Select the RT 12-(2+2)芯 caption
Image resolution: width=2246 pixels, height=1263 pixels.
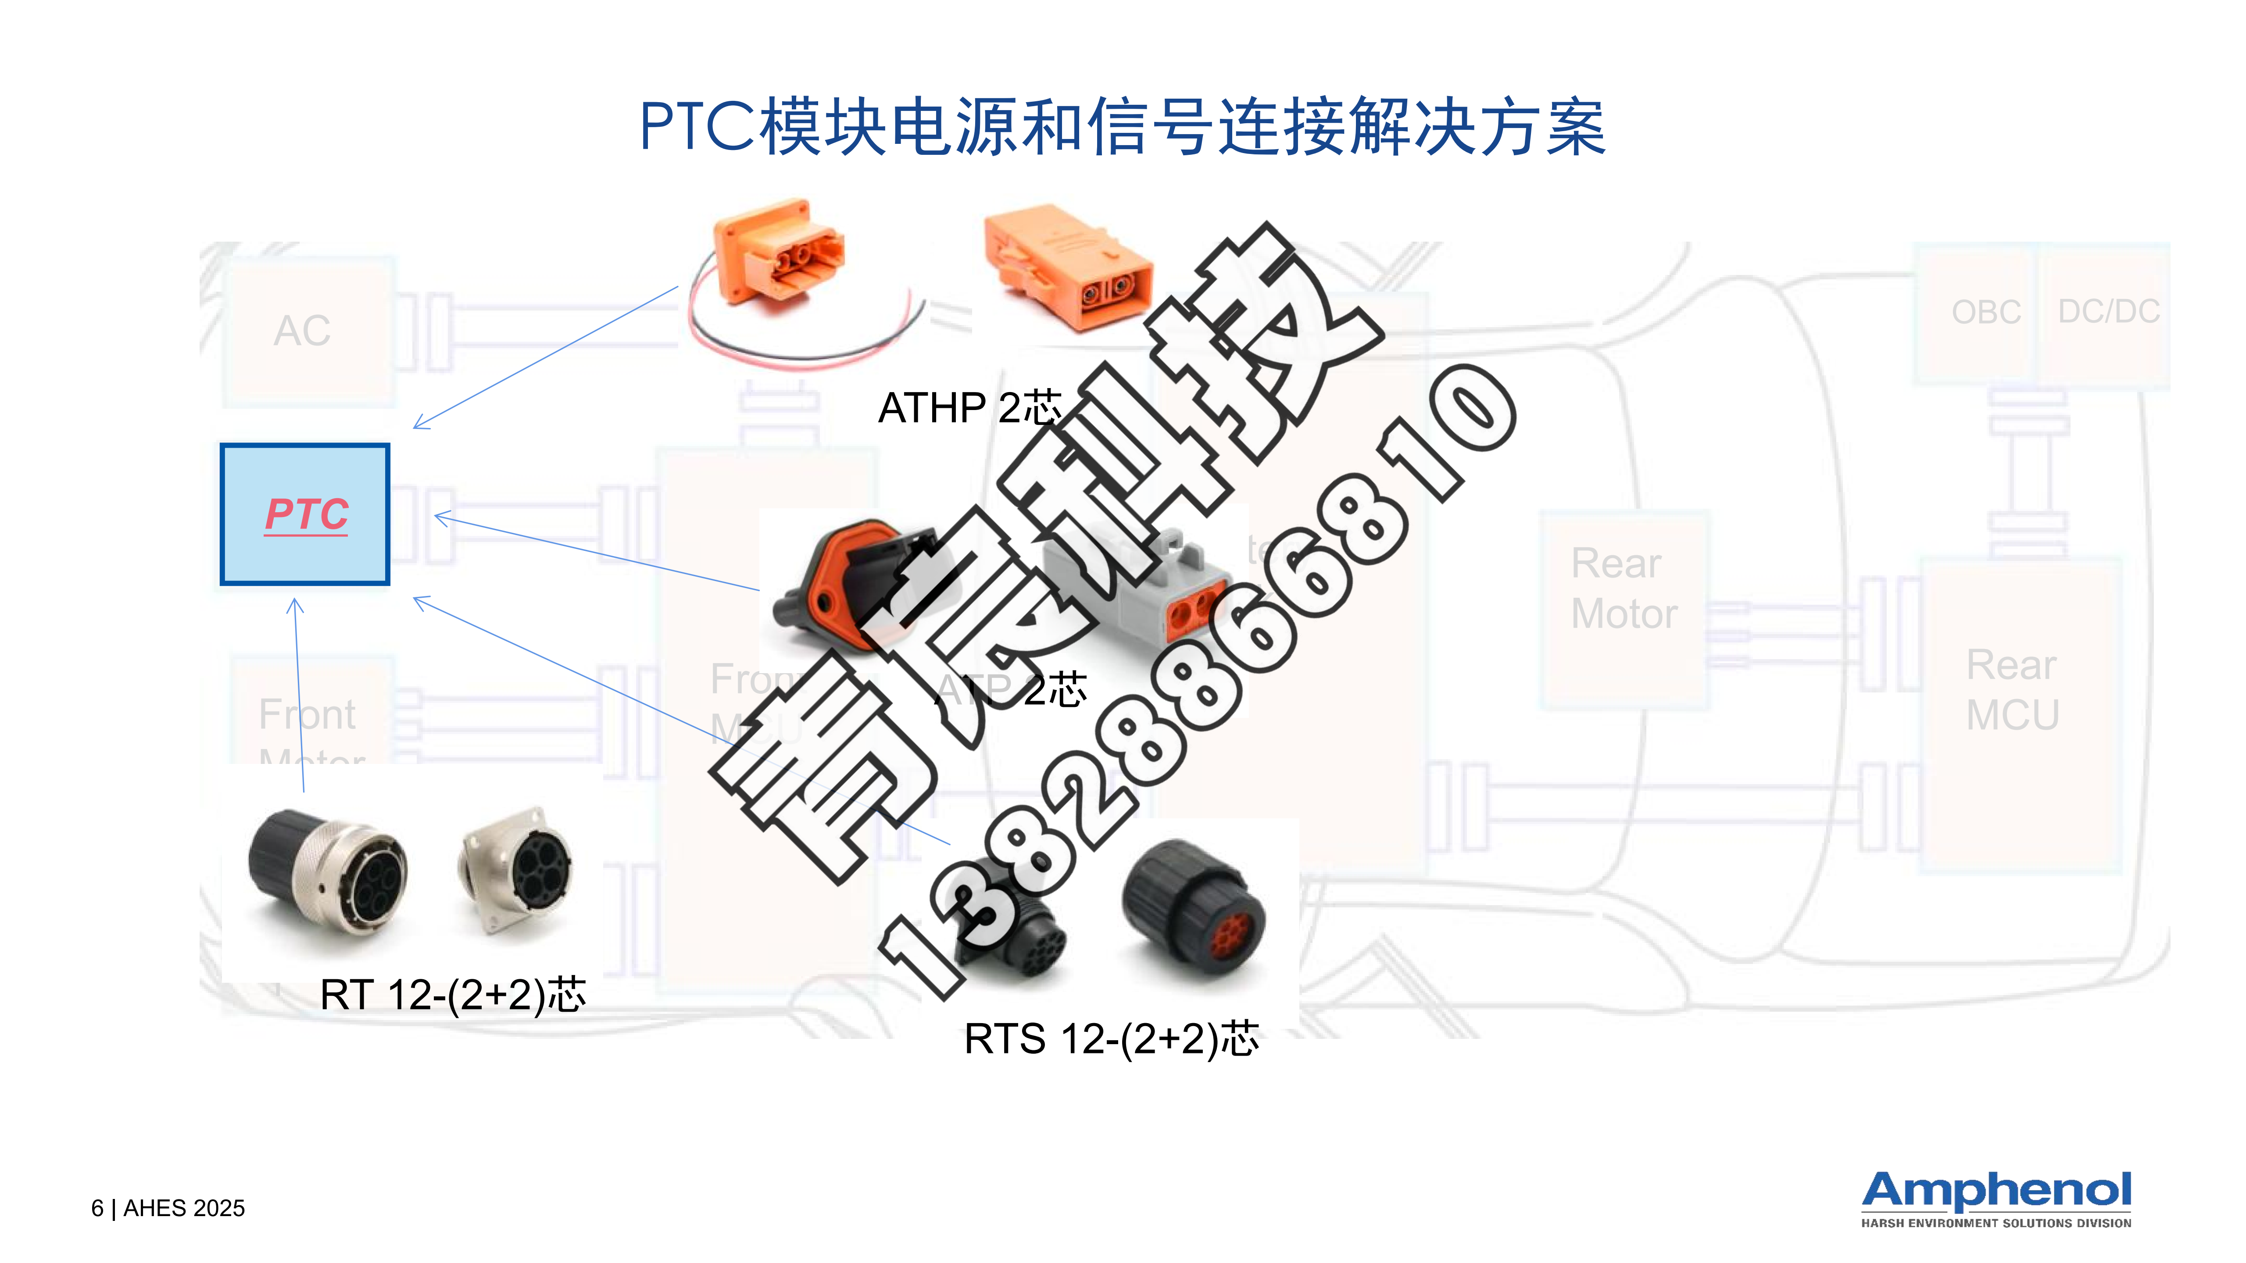453,995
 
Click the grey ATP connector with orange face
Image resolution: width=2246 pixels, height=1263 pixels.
1142,593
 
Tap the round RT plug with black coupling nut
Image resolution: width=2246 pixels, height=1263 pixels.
327,872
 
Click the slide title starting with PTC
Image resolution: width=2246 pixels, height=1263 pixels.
1122,127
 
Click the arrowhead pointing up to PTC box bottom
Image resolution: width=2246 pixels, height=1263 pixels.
295,603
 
